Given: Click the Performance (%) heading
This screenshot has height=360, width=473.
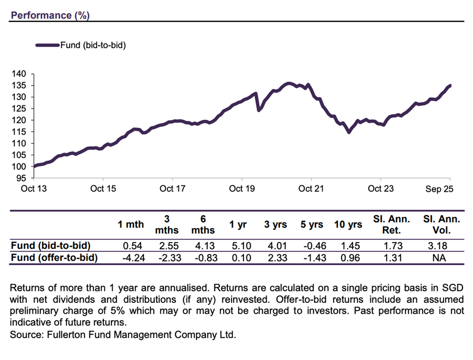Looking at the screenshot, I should click(50, 15).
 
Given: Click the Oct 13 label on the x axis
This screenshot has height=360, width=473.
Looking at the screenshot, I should click(34, 189).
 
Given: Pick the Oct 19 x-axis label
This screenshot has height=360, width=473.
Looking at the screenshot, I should click(242, 189).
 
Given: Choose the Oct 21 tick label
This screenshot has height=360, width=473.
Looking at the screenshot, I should click(311, 189).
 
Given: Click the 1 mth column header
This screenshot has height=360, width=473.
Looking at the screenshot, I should click(130, 225).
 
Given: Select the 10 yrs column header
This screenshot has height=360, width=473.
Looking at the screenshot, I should click(348, 225).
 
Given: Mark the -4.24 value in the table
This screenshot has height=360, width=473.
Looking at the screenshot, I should click(133, 257).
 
